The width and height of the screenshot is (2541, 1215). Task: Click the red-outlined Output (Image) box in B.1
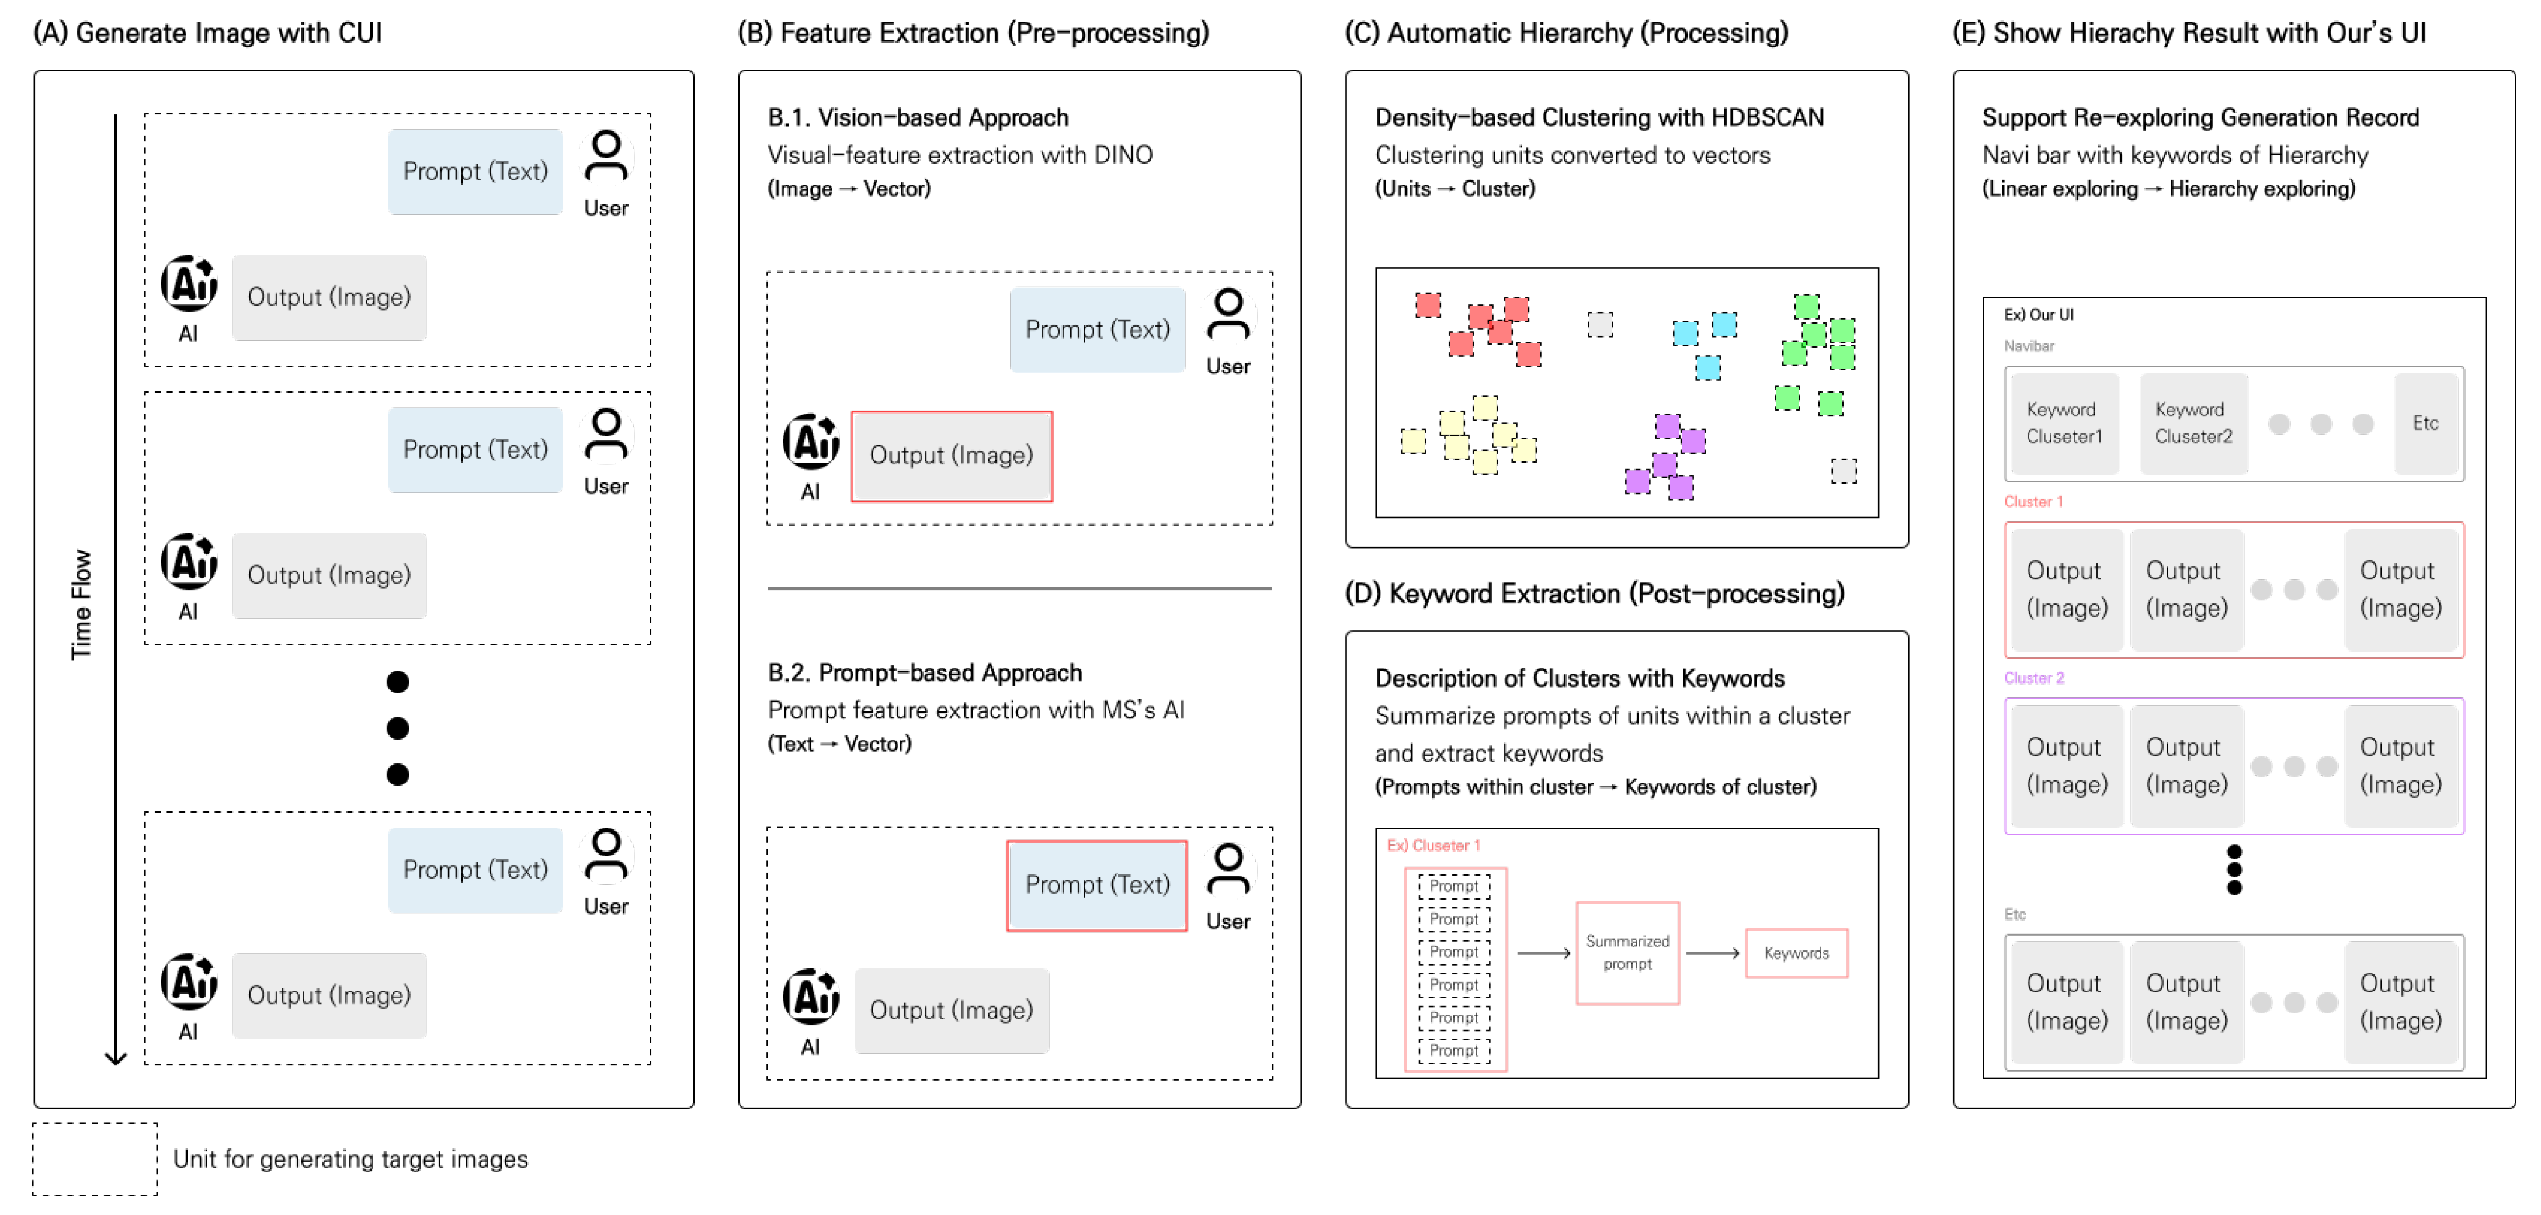pos(951,456)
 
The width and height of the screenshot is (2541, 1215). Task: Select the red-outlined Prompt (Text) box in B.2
pos(1097,884)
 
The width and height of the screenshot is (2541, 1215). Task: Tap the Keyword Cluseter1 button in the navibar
pos(2064,423)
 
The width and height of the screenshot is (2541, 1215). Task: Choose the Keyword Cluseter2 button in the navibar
pos(2193,423)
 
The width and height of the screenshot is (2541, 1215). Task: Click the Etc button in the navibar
pos(2425,423)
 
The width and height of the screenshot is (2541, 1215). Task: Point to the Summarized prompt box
pos(1627,953)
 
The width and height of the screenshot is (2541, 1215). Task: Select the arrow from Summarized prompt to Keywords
pos(1713,954)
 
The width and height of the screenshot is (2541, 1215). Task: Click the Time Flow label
pos(81,603)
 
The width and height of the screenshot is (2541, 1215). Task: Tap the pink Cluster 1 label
pos(2033,502)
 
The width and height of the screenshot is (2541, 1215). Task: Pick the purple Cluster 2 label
pos(2033,679)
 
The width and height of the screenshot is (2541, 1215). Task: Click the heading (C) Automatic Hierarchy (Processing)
pos(1567,33)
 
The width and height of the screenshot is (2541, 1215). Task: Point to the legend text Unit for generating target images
pos(350,1159)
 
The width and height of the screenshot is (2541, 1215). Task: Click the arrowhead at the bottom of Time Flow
pos(116,1058)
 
